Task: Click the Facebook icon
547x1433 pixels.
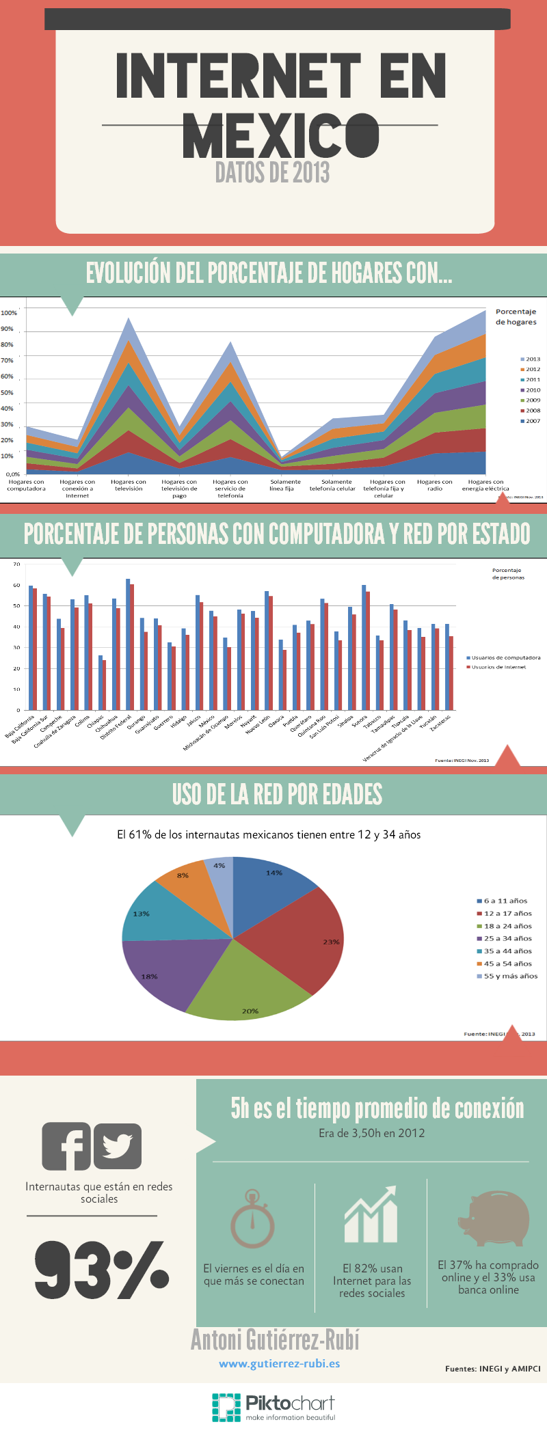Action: (x=66, y=1146)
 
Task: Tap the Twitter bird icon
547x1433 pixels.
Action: (x=118, y=1146)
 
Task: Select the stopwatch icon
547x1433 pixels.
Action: (x=252, y=1219)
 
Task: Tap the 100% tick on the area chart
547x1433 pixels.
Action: (x=9, y=313)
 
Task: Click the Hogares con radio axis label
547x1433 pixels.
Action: (x=435, y=485)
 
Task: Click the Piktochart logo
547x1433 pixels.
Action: (x=273, y=1408)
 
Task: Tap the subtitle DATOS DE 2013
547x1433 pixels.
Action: (x=272, y=172)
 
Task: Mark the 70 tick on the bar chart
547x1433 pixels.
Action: (x=17, y=564)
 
